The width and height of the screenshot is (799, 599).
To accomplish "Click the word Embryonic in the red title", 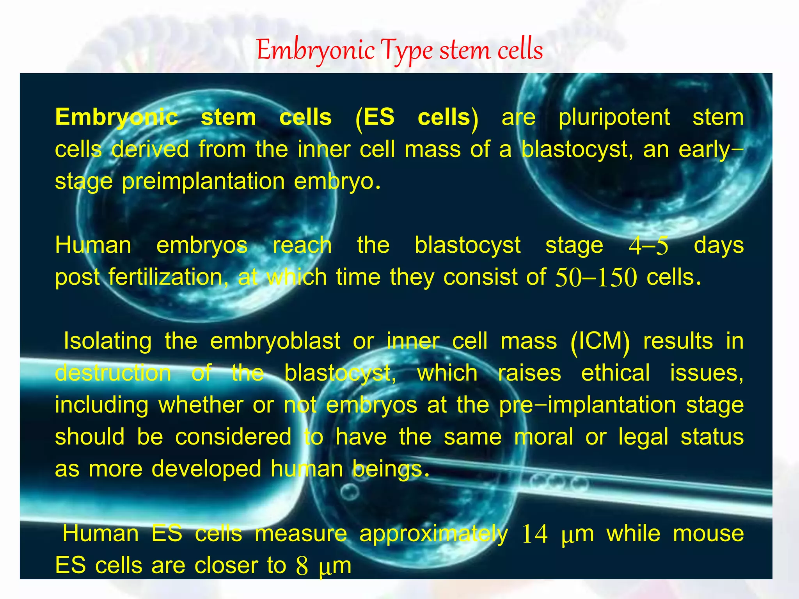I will click(316, 51).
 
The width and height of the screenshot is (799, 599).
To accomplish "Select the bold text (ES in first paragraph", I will click(375, 118).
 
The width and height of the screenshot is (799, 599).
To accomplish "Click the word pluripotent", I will click(614, 118).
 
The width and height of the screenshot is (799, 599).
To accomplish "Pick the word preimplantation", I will click(203, 182).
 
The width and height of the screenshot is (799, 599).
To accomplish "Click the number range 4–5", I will click(648, 246).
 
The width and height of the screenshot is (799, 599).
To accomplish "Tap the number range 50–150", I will click(596, 278).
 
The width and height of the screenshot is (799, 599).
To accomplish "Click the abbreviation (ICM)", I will click(600, 342).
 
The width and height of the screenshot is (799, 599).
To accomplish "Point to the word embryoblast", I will click(275, 341).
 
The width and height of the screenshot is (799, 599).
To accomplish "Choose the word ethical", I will click(615, 373).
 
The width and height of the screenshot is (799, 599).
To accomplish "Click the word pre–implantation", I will click(588, 405).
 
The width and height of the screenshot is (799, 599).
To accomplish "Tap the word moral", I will click(543, 437).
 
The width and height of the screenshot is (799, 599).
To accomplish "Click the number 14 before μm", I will click(534, 534).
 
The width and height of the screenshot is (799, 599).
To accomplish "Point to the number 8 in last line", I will click(302, 566).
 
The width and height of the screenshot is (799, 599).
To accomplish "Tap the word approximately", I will click(433, 534).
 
